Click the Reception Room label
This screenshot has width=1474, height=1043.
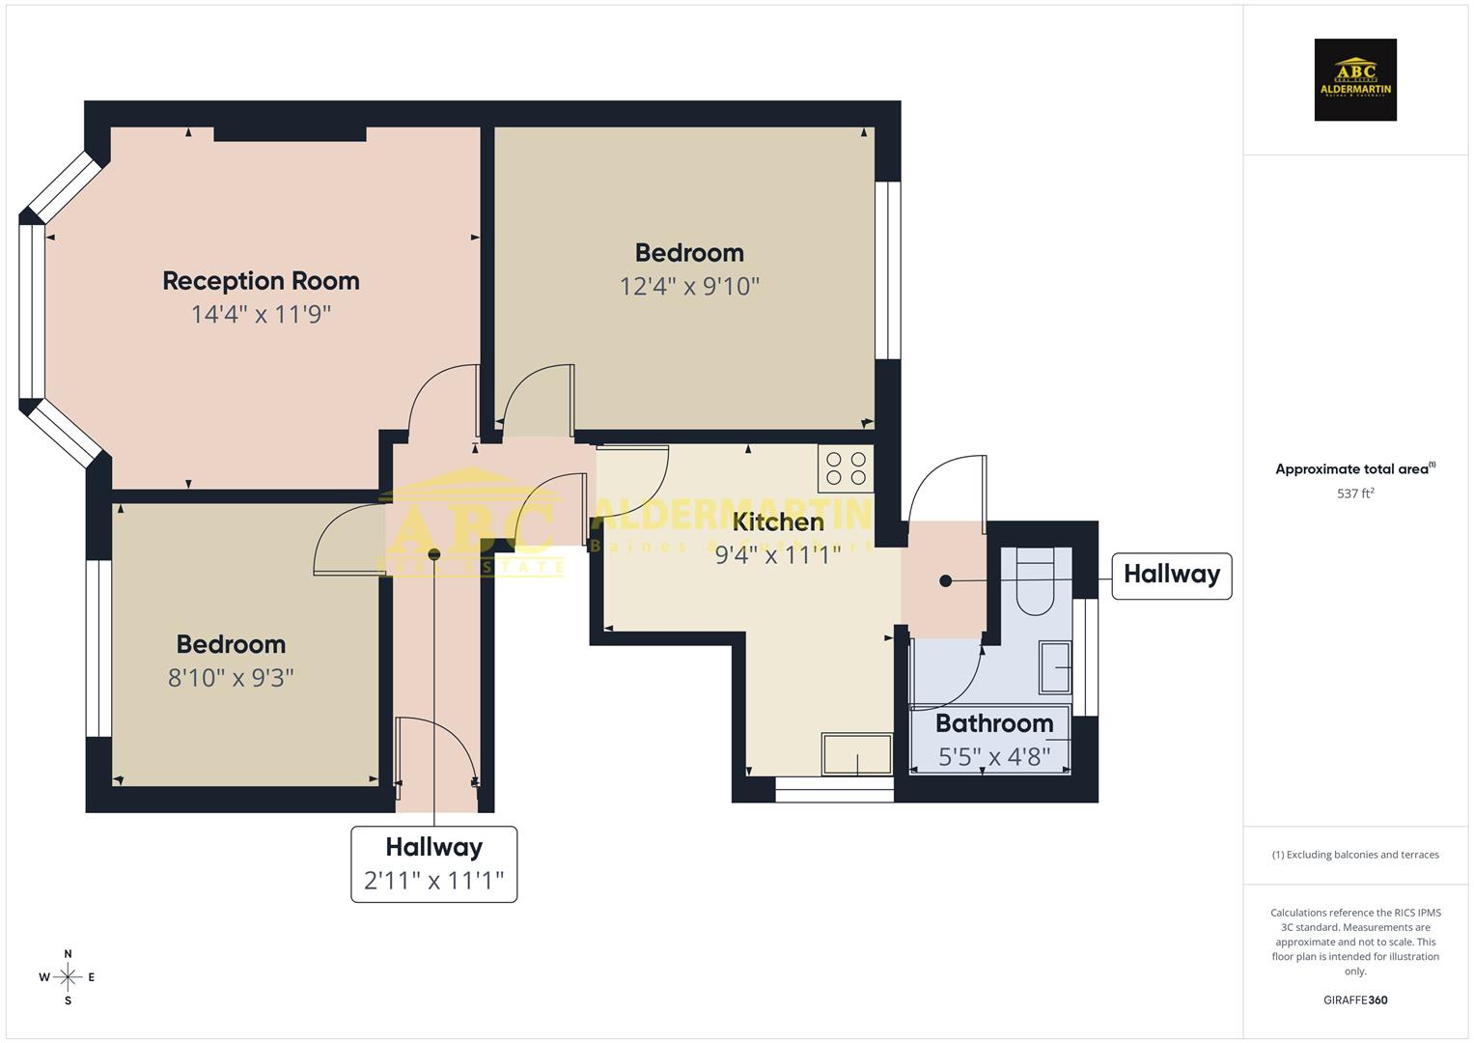pos(261,281)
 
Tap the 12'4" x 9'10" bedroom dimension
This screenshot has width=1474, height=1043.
pos(689,287)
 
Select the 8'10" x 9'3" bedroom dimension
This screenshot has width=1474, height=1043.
pos(231,678)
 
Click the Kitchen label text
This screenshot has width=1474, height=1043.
pos(778,522)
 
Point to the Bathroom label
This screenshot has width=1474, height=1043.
pos(994,723)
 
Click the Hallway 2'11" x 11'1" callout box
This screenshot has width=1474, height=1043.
pos(433,864)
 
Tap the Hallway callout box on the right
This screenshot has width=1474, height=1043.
pos(1171,576)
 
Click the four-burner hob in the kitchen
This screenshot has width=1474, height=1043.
pos(846,468)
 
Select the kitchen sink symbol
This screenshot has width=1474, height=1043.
pos(856,754)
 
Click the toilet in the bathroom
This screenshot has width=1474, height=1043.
pos(1036,584)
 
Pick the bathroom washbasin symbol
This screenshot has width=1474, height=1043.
pos(1055,666)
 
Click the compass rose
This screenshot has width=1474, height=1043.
pos(68,977)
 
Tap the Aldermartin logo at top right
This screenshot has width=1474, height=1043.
pos(1355,80)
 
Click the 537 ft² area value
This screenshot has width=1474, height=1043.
pos(1355,493)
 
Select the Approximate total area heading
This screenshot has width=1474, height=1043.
pos(1354,469)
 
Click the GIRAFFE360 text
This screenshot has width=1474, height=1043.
pos(1355,1000)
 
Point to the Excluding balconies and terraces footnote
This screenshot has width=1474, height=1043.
pos(1355,855)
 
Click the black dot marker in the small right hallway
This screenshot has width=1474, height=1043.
pos(945,580)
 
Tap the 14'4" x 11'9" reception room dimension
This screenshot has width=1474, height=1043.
pos(261,315)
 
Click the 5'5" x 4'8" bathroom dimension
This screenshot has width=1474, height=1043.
pos(994,756)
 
